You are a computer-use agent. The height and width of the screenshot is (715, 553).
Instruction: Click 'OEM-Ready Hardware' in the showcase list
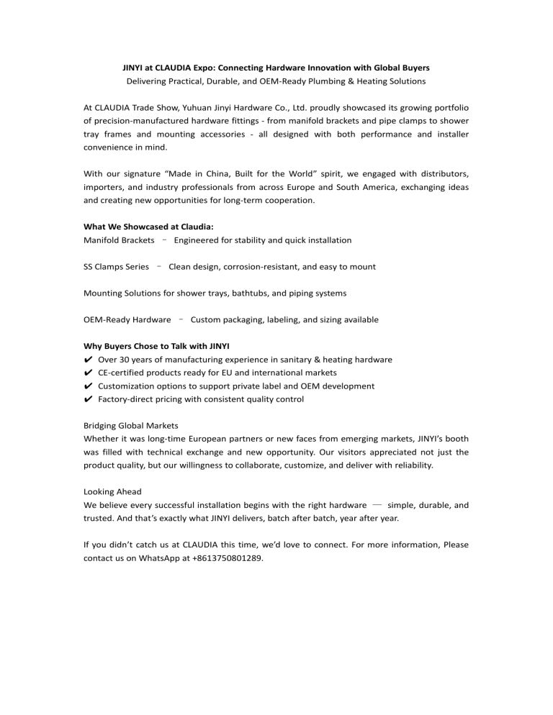pos(127,319)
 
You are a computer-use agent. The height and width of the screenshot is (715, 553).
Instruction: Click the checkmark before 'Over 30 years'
pos(88,360)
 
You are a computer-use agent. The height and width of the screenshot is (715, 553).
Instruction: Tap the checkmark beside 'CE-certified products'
pos(88,373)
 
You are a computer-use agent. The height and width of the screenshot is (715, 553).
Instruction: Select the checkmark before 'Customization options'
pos(88,386)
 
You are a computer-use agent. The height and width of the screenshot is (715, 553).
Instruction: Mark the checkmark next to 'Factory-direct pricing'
pos(88,399)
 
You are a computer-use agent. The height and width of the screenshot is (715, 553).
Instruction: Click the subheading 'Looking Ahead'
pos(113,492)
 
